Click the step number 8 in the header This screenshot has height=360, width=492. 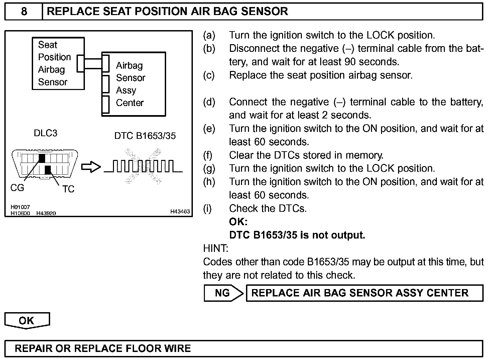[24, 12]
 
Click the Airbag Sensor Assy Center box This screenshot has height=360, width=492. [134, 84]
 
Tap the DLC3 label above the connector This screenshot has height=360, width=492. [45, 133]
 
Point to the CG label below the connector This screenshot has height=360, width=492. [17, 188]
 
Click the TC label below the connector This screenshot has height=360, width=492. [68, 189]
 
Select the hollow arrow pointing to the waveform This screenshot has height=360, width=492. [91, 167]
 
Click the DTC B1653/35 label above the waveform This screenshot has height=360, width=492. [145, 136]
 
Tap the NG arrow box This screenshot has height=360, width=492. [223, 293]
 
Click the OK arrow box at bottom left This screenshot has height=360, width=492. [27, 321]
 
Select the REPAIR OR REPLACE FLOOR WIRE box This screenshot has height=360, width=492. [243, 349]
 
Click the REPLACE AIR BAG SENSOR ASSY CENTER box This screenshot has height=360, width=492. [364, 293]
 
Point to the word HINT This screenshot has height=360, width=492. [216, 249]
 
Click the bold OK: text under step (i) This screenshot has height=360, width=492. [238, 222]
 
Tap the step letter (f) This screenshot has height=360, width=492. [208, 155]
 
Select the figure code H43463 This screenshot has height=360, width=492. [180, 211]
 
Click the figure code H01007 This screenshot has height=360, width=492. [20, 207]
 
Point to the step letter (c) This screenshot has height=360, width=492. [209, 75]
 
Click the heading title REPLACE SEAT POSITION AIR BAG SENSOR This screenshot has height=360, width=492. [167, 12]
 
